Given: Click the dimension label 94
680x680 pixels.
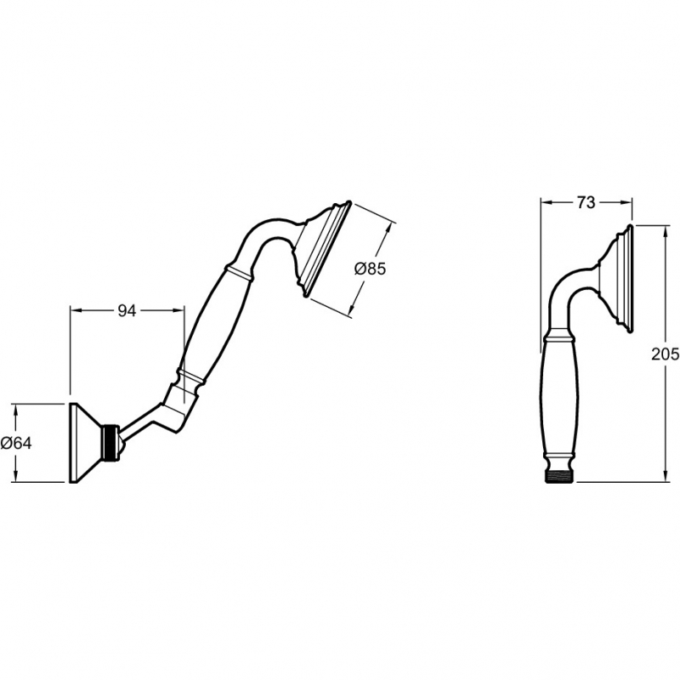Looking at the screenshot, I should (x=126, y=311).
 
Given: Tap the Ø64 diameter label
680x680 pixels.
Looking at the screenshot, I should (x=16, y=443).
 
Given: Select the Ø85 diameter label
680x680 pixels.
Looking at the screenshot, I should (x=370, y=269).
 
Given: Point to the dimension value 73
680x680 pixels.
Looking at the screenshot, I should (x=586, y=202).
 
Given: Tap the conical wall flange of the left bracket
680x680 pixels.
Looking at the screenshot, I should (x=83, y=442).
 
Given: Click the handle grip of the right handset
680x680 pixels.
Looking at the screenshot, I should (x=559, y=399).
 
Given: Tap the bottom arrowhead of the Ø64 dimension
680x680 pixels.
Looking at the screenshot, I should (x=18, y=479).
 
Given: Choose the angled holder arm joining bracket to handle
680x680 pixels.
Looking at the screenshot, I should (x=153, y=418).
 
